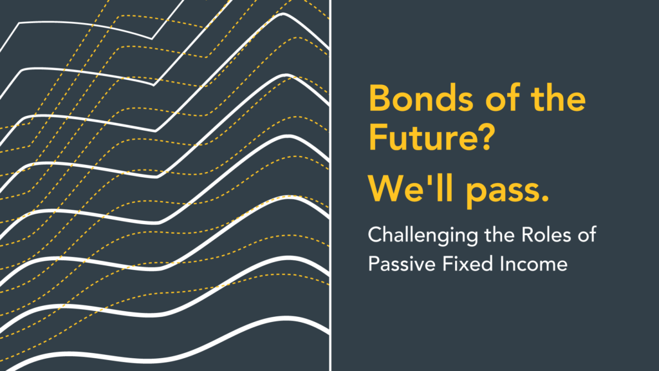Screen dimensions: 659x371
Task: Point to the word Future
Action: click(x=424, y=137)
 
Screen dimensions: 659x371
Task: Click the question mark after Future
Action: click(x=487, y=137)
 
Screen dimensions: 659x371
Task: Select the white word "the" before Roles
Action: click(x=499, y=234)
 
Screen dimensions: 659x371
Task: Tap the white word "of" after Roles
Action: click(x=587, y=234)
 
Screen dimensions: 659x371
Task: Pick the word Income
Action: click(x=534, y=264)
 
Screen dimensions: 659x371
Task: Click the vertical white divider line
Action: click(x=331, y=185)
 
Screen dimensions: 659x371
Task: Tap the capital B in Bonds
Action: click(x=378, y=99)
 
